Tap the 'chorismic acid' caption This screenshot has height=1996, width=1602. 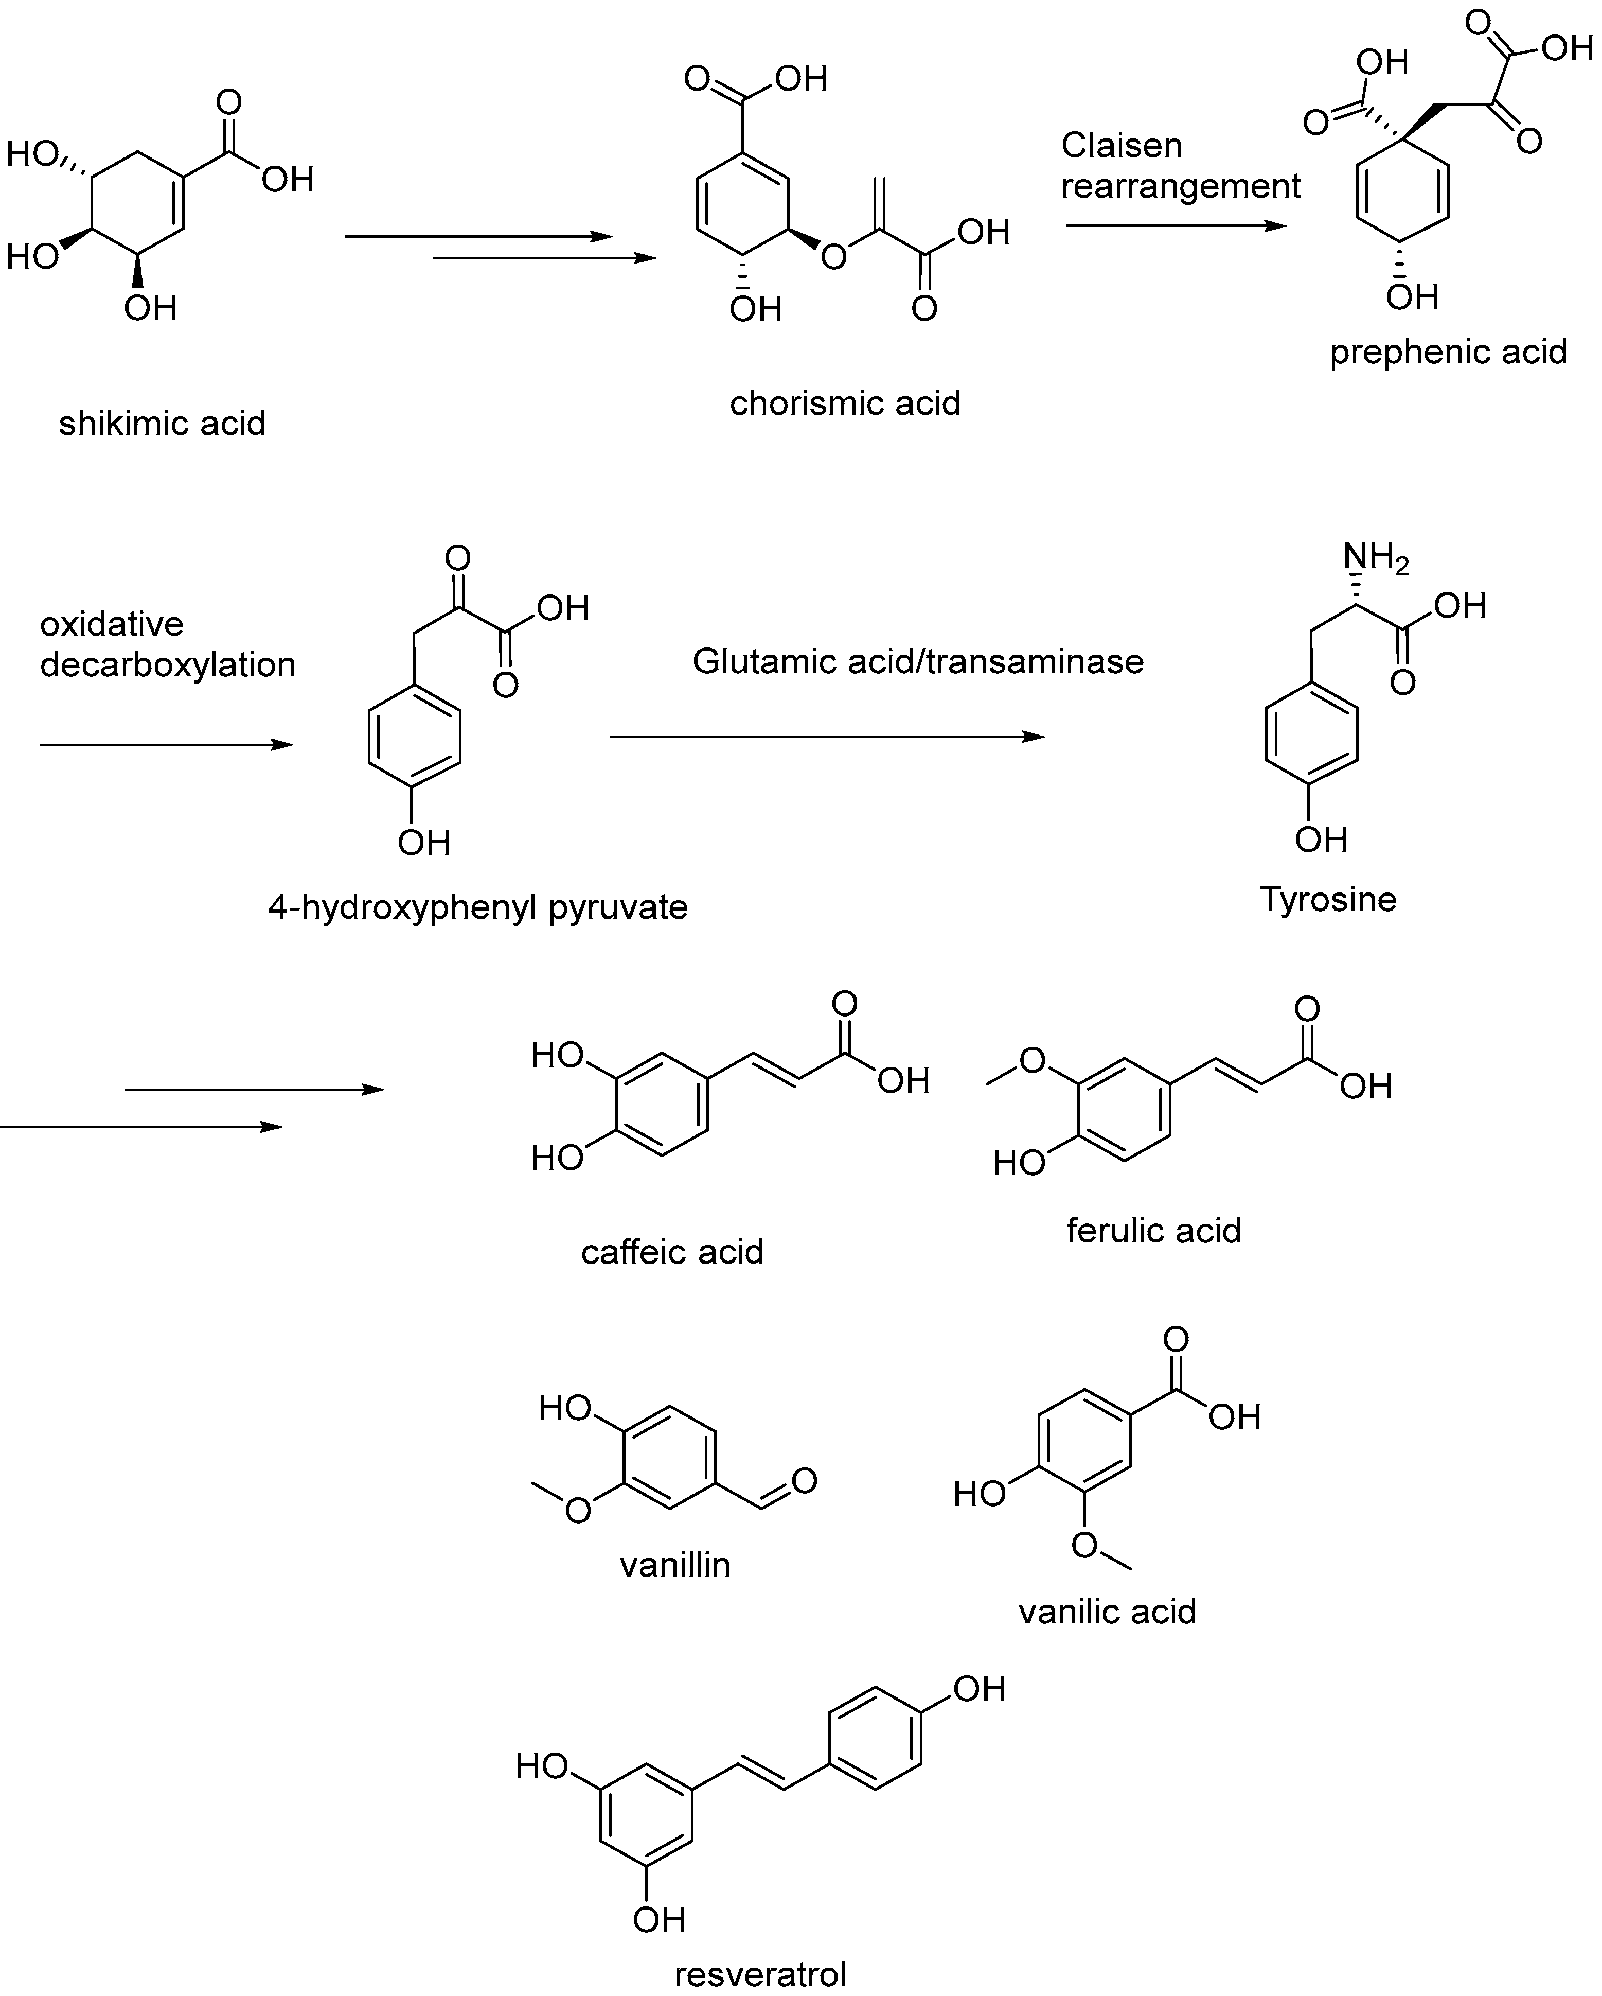click(x=845, y=404)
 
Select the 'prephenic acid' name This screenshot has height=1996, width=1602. click(x=1448, y=353)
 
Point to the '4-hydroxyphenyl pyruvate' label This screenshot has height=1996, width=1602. click(x=477, y=907)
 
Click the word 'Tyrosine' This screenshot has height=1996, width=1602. click(x=1328, y=899)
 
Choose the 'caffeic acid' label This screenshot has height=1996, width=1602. click(x=672, y=1252)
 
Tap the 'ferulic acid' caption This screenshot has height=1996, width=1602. click(x=1153, y=1230)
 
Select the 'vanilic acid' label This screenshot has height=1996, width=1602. click(x=1107, y=1612)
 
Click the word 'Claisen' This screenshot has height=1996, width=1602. click(x=1121, y=145)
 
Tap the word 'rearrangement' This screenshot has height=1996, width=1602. click(x=1180, y=186)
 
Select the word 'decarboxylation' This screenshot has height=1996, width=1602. click(x=168, y=664)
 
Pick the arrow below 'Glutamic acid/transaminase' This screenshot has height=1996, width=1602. click(x=826, y=737)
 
